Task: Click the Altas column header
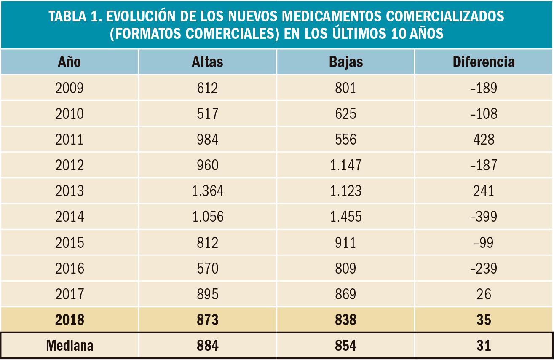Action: click(x=207, y=62)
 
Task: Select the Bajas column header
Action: click(x=346, y=62)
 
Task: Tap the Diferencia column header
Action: click(x=484, y=62)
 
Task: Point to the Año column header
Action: click(x=70, y=62)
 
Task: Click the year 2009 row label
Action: click(x=70, y=88)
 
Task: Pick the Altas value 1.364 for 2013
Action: click(x=207, y=191)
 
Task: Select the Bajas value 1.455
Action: click(x=346, y=217)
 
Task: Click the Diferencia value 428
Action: click(x=484, y=140)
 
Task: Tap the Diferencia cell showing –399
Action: click(x=484, y=217)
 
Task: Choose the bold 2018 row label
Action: click(x=70, y=320)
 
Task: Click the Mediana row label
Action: click(x=70, y=346)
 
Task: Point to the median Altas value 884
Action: click(x=207, y=346)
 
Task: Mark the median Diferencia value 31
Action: click(x=484, y=346)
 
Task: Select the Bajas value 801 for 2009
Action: click(x=346, y=88)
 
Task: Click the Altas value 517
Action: click(x=207, y=114)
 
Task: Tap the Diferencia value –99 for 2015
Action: click(x=484, y=243)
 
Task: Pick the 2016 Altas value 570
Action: click(x=207, y=269)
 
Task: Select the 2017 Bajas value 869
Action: click(x=346, y=294)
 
